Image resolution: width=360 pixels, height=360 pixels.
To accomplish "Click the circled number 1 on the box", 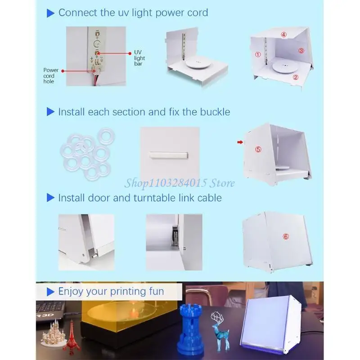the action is pos(258,54).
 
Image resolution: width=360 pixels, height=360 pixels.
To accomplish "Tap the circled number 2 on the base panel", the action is pos(296,77).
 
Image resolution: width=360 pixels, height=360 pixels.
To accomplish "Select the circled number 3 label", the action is pos(301,50).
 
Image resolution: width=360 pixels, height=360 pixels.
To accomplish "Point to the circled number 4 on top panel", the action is pos(284,35).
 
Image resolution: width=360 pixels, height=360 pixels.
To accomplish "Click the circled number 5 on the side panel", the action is pos(258,149).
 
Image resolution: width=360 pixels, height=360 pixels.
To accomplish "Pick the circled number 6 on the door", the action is pos(286,237).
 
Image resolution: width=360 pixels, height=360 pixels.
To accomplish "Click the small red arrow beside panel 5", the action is pos(240,142).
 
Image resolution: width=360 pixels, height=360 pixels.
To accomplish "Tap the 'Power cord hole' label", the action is pos(51,76).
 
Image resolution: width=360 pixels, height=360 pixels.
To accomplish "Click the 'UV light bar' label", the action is pos(139,58).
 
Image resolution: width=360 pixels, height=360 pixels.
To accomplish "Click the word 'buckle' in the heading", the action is pos(215,112).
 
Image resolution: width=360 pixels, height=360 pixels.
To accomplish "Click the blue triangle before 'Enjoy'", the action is pos(50,292).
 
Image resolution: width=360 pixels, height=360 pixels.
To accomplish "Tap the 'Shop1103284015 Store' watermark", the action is pos(180,183).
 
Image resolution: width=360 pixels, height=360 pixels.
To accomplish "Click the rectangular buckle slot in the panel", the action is pos(169,155).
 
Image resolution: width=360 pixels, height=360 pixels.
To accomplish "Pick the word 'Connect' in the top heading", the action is pos(78,13).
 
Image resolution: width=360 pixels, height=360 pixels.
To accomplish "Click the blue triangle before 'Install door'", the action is pos(50,198).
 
